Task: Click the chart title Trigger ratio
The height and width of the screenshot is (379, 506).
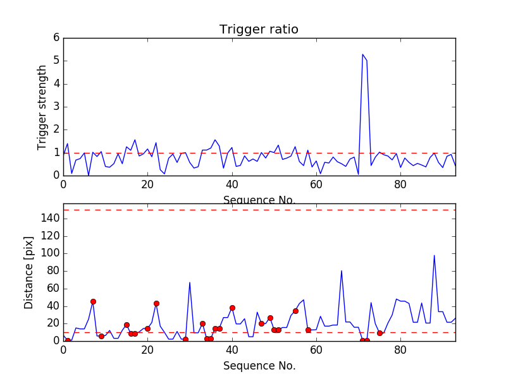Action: tap(259, 30)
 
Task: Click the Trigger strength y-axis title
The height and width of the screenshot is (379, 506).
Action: tap(42, 107)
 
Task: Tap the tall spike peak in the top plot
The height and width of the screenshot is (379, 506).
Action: tap(362, 54)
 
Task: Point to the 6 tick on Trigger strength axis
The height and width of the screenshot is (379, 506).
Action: tap(56, 38)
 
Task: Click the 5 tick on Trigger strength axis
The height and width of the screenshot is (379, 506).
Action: tap(56, 61)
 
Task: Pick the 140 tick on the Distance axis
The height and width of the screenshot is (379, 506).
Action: tap(51, 219)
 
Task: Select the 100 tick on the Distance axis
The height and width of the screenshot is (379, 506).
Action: tap(51, 253)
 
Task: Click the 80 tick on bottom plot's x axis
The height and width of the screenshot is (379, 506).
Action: tap(400, 349)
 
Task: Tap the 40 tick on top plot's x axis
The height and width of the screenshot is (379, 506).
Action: tap(232, 184)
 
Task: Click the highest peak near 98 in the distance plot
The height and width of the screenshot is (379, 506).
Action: tap(434, 255)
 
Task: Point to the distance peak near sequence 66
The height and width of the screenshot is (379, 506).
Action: tap(342, 270)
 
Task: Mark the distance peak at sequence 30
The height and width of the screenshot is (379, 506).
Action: tap(190, 282)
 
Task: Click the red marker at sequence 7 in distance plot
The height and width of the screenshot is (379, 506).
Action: tap(93, 301)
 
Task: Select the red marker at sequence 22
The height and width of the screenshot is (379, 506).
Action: tap(156, 303)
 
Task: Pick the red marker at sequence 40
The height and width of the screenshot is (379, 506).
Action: tap(232, 308)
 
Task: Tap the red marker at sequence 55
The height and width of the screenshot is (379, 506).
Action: tap(295, 311)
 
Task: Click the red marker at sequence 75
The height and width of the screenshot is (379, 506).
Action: tap(379, 333)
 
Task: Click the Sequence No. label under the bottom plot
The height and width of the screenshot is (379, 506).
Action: tap(259, 366)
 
